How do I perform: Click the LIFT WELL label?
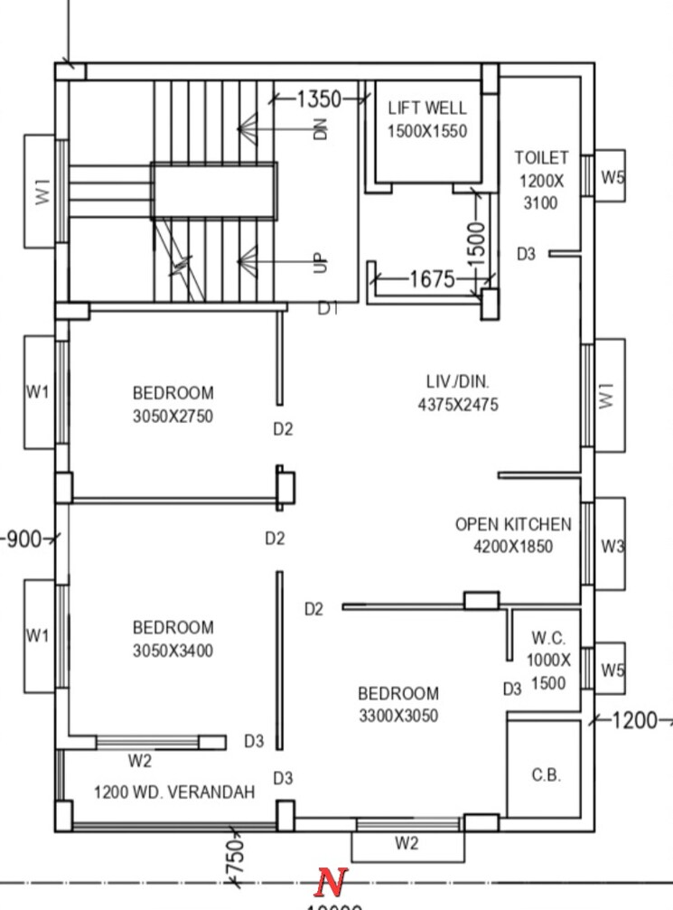tap(427, 108)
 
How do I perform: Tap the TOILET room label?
tap(541, 157)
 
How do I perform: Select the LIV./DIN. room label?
tap(457, 381)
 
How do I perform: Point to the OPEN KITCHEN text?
tap(512, 524)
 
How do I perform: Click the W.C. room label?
tap(548, 638)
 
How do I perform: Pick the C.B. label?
tap(546, 775)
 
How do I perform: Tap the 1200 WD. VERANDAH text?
tap(174, 793)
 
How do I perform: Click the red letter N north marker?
tap(332, 880)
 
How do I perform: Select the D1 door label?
tap(328, 309)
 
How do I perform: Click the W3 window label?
tap(612, 546)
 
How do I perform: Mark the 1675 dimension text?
tap(432, 279)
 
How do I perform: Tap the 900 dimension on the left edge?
tap(23, 539)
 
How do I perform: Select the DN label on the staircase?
tap(320, 129)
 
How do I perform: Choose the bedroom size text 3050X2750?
tap(173, 417)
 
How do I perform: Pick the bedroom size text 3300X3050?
tap(398, 717)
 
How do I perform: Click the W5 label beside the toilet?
tap(612, 177)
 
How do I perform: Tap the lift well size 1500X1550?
tap(427, 131)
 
